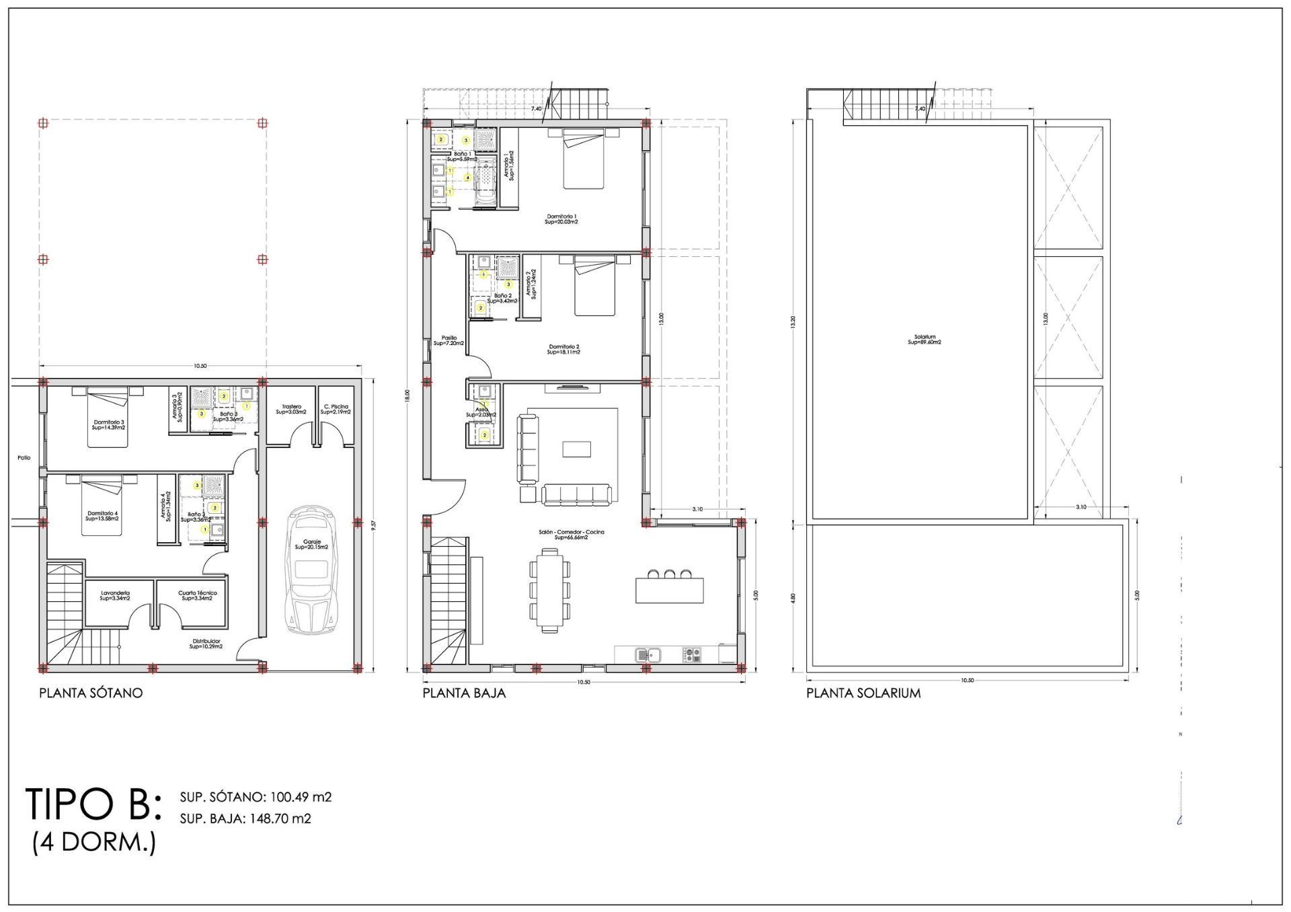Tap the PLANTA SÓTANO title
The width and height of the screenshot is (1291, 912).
pyautogui.click(x=91, y=693)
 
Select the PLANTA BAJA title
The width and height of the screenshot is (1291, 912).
pyautogui.click(x=464, y=693)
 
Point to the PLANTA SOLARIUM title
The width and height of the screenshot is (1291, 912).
pyautogui.click(x=863, y=693)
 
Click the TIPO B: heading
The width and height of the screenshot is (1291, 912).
pyautogui.click(x=93, y=804)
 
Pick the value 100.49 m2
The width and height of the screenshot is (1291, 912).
pyautogui.click(x=301, y=797)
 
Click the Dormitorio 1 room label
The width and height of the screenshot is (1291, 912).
pyautogui.click(x=561, y=219)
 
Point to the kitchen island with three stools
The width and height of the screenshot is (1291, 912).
pyautogui.click(x=670, y=588)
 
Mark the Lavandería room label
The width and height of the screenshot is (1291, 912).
pyautogui.click(x=115, y=595)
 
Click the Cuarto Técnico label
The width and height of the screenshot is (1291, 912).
pyautogui.click(x=198, y=595)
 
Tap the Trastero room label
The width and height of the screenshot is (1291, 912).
pyautogui.click(x=291, y=409)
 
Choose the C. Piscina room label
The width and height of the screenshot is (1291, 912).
pyautogui.click(x=336, y=409)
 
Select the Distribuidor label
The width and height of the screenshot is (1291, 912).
pyautogui.click(x=206, y=644)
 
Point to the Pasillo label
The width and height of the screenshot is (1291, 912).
pyautogui.click(x=449, y=340)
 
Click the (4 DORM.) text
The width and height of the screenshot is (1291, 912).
pyautogui.click(x=94, y=842)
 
